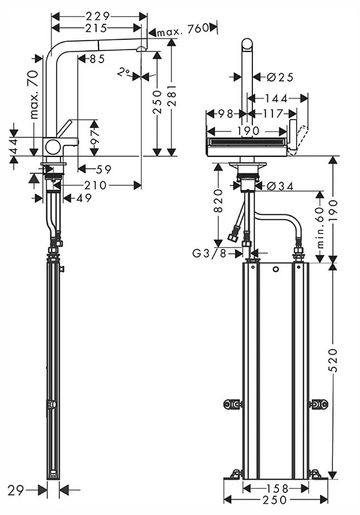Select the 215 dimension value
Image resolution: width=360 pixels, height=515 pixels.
(x=95, y=28)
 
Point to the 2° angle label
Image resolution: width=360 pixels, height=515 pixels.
(x=124, y=71)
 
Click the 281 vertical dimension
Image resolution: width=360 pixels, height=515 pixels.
(x=171, y=95)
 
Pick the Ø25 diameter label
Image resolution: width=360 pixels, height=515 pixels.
(x=280, y=77)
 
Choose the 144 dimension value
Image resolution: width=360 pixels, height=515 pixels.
(x=276, y=98)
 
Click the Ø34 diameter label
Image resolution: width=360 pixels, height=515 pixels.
(x=280, y=186)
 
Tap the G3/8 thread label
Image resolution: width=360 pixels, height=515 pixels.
(x=209, y=253)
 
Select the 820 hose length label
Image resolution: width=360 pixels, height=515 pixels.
(x=218, y=201)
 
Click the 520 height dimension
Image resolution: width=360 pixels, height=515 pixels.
(x=333, y=360)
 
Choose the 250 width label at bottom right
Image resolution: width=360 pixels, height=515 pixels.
(x=274, y=500)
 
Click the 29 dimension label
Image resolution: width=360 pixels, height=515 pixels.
(x=15, y=491)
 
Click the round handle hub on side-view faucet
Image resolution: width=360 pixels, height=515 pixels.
(x=53, y=147)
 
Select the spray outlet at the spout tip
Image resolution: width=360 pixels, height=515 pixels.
(x=141, y=50)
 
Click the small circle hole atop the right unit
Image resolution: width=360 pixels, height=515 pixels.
(x=276, y=270)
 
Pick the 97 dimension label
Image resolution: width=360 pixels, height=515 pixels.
(x=95, y=136)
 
